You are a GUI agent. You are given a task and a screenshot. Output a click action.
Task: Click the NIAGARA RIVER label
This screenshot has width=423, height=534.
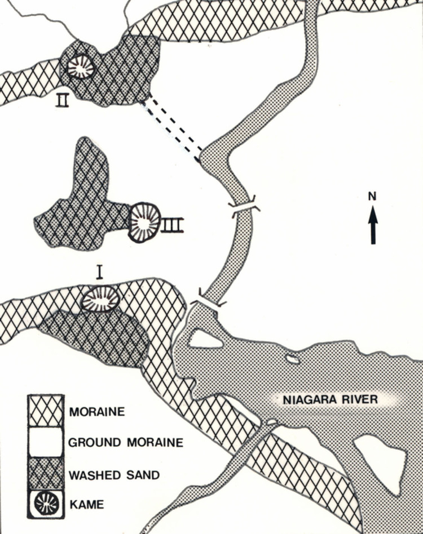pyautogui.click(x=331, y=399)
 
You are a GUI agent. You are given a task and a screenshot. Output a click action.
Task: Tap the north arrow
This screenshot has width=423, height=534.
pyautogui.click(x=373, y=225)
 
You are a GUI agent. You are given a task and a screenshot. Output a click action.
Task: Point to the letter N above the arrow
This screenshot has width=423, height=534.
pyautogui.click(x=372, y=196)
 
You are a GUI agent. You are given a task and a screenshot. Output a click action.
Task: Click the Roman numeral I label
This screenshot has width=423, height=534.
pyautogui.click(x=99, y=273)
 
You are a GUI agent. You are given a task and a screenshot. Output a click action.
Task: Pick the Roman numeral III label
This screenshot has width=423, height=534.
pyautogui.click(x=173, y=225)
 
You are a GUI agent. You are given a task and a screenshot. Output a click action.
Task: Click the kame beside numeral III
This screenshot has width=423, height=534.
pyautogui.click(x=144, y=222)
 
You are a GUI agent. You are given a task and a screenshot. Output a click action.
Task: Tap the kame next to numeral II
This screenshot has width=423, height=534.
pyautogui.click(x=80, y=67)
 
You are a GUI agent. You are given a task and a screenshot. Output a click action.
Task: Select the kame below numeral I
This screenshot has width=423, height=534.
pyautogui.click(x=100, y=299)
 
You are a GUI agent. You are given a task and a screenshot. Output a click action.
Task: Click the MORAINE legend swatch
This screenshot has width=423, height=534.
pyautogui.click(x=46, y=411)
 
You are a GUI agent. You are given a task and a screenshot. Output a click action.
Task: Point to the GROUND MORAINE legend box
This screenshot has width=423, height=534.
pyautogui.click(x=46, y=442)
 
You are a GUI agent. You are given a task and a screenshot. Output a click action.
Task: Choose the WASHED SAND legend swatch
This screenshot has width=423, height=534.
pyautogui.click(x=46, y=473)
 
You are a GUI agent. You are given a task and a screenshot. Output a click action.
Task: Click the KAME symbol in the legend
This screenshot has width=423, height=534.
pyautogui.click(x=46, y=504)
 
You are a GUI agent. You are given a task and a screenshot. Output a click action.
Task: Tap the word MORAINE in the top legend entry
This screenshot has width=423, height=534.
pyautogui.click(x=97, y=412)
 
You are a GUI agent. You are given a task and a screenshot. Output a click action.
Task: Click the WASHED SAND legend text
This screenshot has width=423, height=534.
pyautogui.click(x=114, y=475)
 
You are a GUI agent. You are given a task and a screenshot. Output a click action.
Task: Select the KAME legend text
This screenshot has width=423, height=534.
pyautogui.click(x=87, y=504)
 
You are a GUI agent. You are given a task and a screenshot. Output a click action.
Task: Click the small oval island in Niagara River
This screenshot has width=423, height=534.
pyautogui.click(x=293, y=359)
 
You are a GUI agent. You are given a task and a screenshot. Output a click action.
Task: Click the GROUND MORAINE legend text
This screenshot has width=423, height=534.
pyautogui.click(x=126, y=442)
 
